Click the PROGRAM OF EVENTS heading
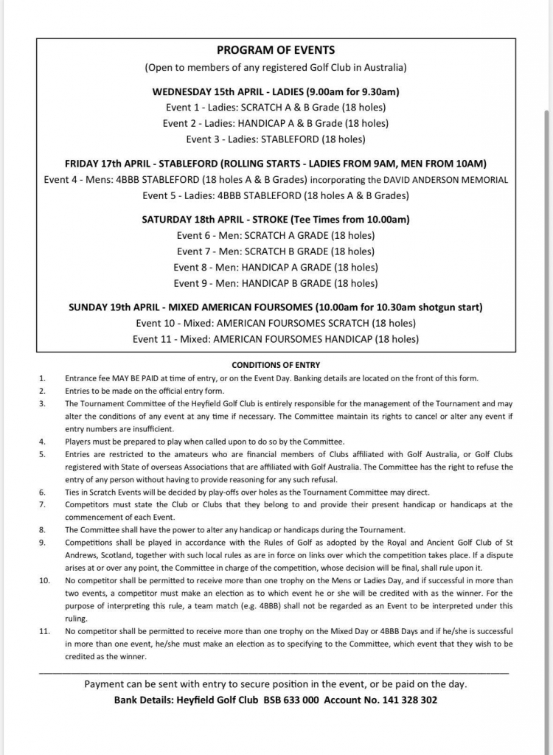point(276,50)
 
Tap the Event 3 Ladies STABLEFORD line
point(276,139)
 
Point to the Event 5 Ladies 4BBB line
point(276,196)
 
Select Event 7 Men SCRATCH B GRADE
point(276,251)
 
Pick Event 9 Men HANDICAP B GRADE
point(276,283)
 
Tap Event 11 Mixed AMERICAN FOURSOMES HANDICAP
point(276,339)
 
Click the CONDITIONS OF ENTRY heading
point(276,365)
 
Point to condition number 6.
point(42,492)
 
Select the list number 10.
point(44,581)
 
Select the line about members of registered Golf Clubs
point(276,68)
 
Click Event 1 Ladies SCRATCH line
point(276,108)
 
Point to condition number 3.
point(42,404)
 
